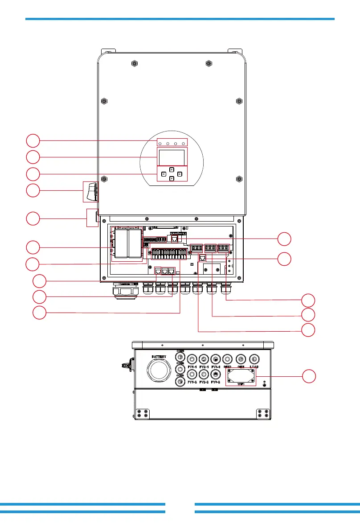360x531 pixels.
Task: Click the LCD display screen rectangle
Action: (172, 157)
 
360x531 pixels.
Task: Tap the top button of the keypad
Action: (172, 169)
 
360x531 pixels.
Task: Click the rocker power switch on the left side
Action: (92, 192)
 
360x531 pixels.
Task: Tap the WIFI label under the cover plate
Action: (241, 383)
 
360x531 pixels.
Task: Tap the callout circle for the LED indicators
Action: (32, 141)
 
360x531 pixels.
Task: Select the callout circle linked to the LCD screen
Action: (32, 157)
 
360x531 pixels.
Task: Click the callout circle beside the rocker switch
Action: (32, 191)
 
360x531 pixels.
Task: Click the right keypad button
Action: (180, 174)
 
